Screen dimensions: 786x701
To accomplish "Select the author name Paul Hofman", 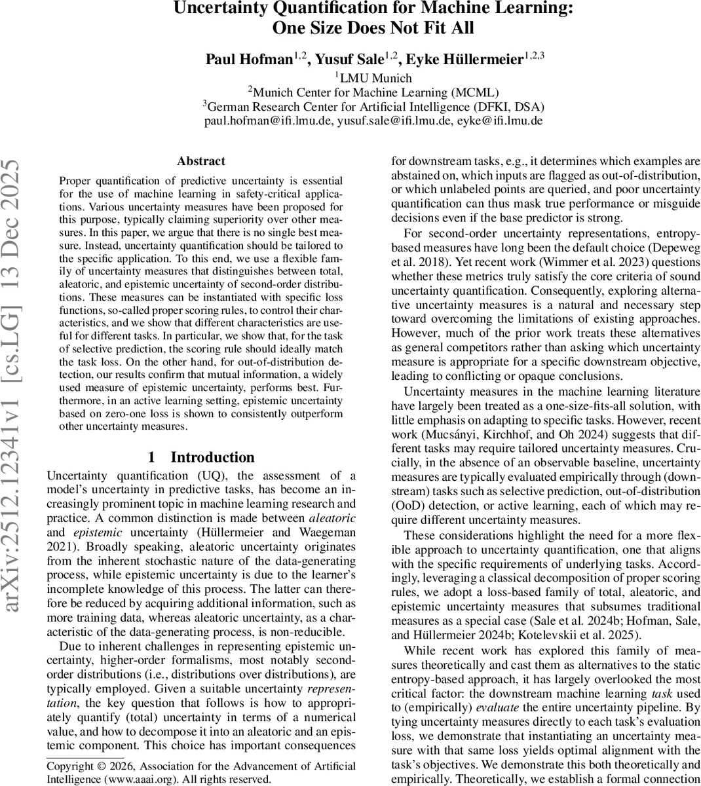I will [x=248, y=60].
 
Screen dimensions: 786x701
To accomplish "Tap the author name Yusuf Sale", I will [x=348, y=60].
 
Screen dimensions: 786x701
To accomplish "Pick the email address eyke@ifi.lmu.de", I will [x=506, y=121].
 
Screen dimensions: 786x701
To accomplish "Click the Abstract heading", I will [x=200, y=161].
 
